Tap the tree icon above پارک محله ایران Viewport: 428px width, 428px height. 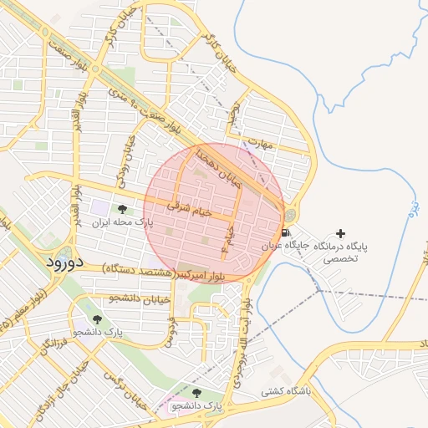pyautogui.click(x=123, y=210)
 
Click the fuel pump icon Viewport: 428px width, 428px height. pyautogui.click(x=287, y=232)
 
